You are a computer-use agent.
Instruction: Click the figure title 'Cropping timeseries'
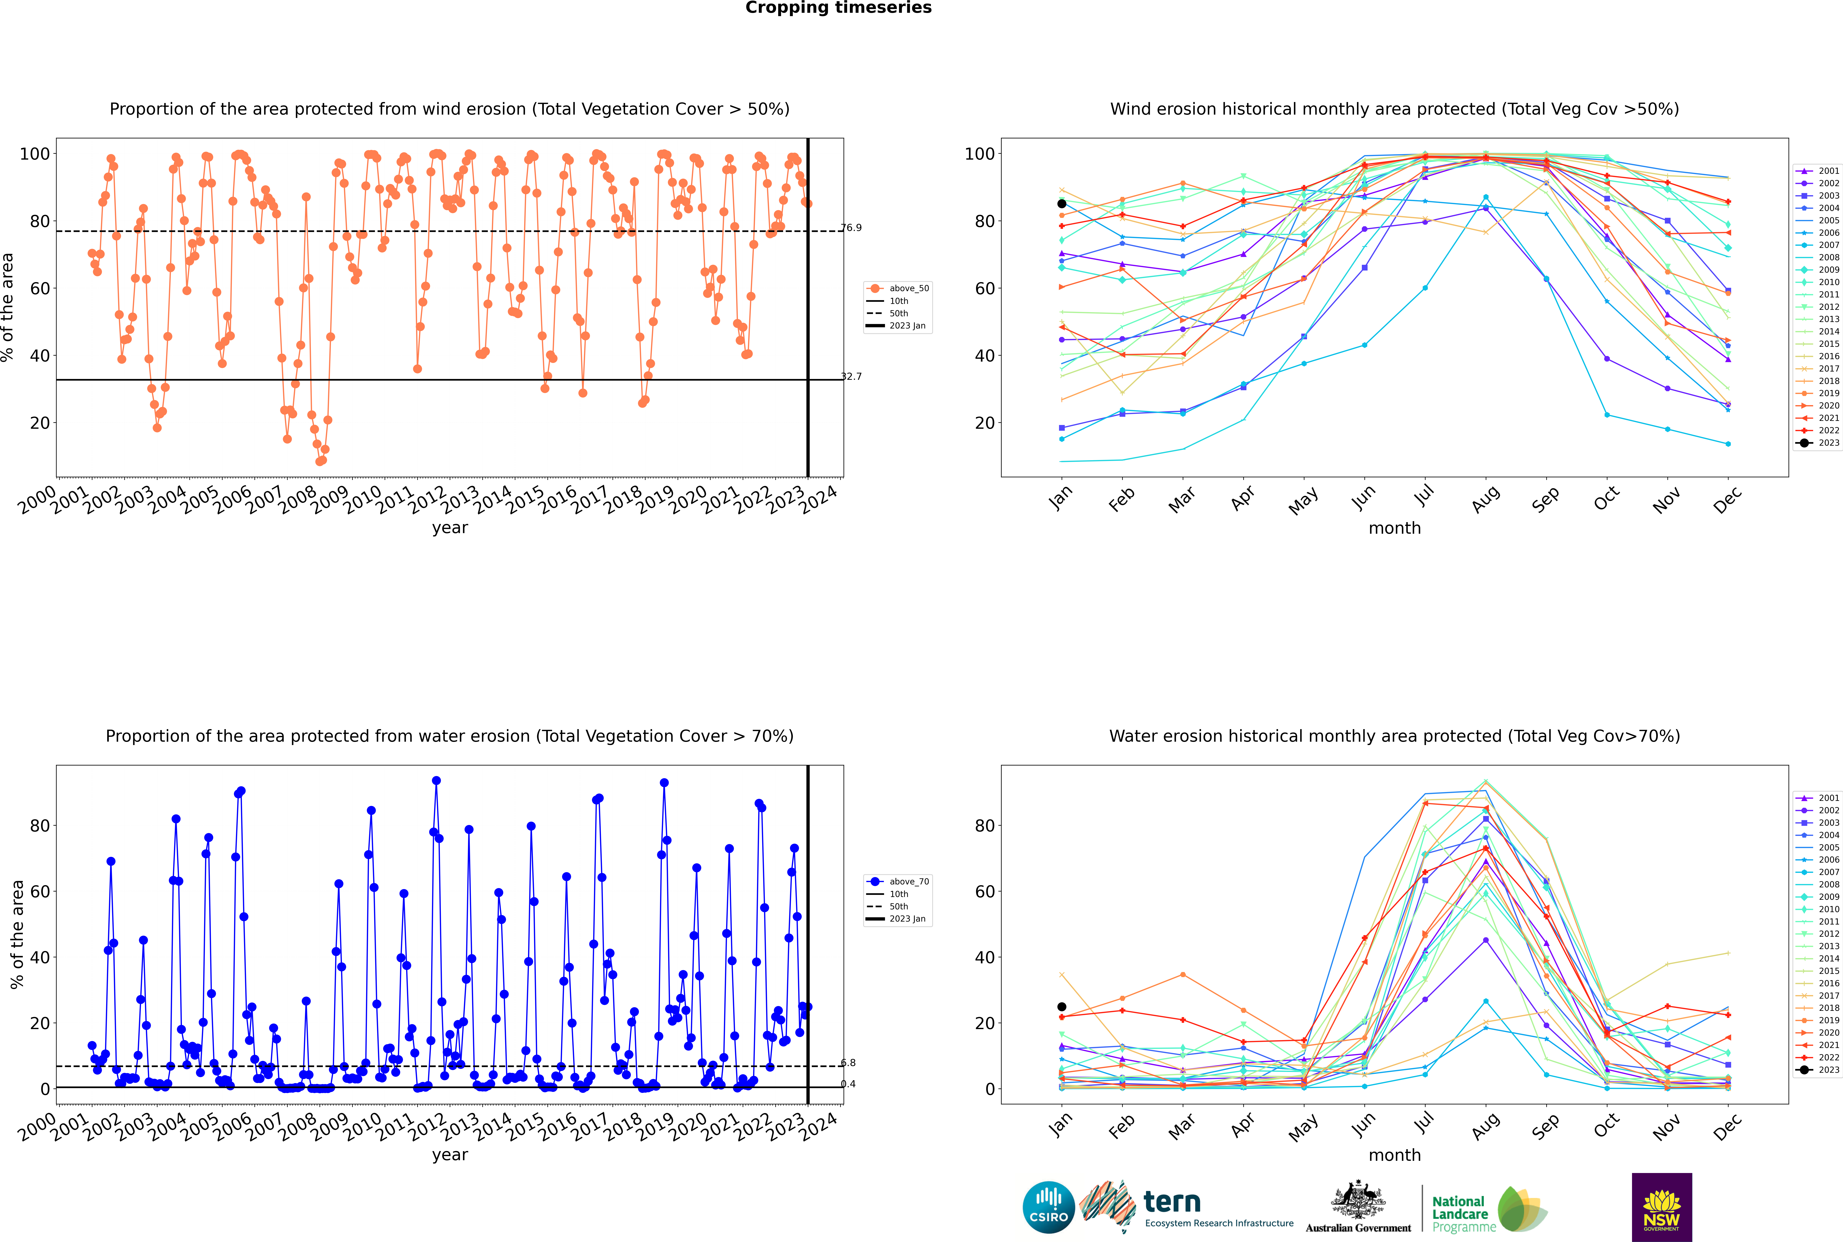click(838, 8)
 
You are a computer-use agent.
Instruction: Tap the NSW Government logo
click(1662, 1207)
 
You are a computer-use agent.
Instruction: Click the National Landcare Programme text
click(1464, 1214)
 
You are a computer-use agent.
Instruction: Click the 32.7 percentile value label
click(851, 376)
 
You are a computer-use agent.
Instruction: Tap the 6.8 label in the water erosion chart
click(848, 1063)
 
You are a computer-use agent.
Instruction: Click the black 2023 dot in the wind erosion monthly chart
click(1062, 204)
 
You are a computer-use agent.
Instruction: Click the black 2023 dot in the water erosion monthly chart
click(1062, 1007)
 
